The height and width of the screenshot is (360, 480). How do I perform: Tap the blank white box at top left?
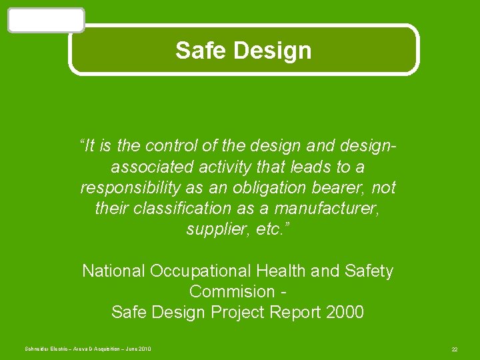click(x=46, y=20)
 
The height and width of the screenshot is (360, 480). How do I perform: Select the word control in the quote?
click(x=172, y=145)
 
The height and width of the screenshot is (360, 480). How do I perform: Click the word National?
click(x=113, y=271)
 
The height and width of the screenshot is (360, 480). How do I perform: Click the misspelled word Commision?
click(x=232, y=291)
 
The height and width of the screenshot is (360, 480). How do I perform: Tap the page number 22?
click(x=454, y=349)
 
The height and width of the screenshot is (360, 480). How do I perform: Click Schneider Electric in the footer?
click(x=45, y=349)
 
